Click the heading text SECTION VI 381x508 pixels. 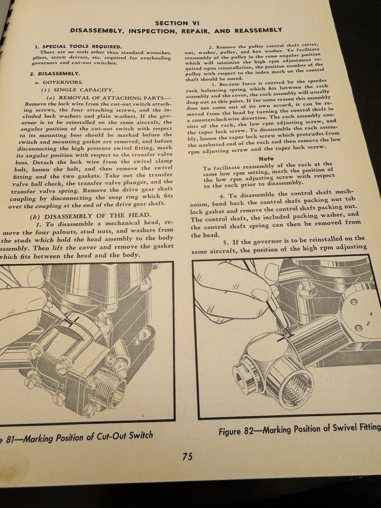[x=176, y=23]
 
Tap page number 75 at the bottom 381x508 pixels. [x=187, y=457]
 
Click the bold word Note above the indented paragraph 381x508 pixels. [x=266, y=158]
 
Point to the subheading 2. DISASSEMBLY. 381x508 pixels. [x=59, y=74]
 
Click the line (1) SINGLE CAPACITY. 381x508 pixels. [x=77, y=90]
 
